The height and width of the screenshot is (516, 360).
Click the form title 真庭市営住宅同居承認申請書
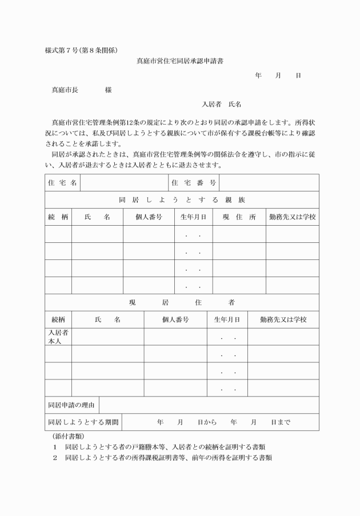coord(179,60)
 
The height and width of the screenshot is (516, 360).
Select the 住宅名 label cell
coord(62,183)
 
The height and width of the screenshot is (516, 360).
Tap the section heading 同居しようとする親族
coord(182,200)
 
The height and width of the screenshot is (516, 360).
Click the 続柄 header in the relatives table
coord(58,217)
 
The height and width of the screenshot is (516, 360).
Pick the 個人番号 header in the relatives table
coord(149,217)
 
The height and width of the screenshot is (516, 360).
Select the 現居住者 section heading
coord(182,302)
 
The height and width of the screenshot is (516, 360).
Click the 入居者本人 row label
coord(58,337)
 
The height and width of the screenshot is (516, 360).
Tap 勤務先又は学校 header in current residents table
coord(283,319)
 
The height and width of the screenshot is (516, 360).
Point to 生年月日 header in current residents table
coord(227,319)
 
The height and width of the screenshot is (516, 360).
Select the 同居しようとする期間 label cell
coord(83,422)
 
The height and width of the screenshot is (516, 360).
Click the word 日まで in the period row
coord(281,422)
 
